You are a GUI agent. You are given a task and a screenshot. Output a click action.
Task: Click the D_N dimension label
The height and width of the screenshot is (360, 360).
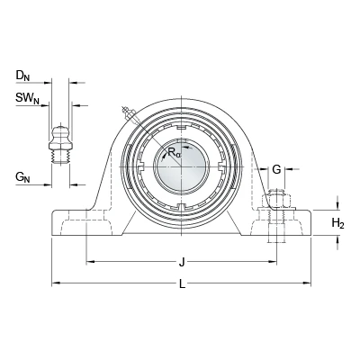click(22, 76)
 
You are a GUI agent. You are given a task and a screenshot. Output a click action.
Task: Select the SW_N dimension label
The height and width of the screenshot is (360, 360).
click(28, 98)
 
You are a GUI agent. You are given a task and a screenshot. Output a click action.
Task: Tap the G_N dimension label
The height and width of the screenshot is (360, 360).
click(22, 177)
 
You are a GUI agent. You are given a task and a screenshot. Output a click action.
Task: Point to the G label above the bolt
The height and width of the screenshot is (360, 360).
click(276, 169)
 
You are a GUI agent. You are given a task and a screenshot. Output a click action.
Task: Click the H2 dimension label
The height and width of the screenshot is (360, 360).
click(337, 223)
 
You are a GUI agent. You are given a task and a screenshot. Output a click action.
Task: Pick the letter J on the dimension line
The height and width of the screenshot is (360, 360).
click(182, 263)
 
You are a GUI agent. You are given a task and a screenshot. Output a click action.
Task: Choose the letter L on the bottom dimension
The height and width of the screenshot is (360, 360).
click(182, 283)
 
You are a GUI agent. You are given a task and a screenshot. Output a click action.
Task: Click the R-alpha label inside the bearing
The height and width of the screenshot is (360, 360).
click(175, 152)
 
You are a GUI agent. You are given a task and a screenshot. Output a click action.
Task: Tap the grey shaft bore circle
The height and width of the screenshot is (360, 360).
click(182, 166)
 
